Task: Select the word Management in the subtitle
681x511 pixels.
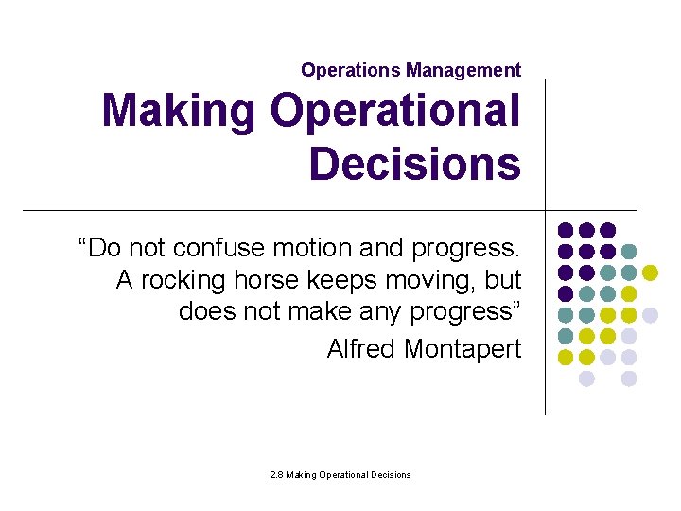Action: point(463,70)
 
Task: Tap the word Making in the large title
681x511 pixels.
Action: point(178,111)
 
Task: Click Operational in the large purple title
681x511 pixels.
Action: point(394,111)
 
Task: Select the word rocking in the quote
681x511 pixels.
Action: point(178,281)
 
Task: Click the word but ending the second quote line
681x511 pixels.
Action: point(501,281)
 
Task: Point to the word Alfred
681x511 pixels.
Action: point(361,349)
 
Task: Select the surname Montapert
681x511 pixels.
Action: point(463,349)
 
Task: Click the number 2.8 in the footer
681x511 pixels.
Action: point(276,474)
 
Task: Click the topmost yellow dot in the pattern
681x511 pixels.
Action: point(650,273)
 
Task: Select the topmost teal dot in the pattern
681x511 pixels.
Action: point(629,252)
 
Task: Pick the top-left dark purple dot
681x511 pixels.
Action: point(566,230)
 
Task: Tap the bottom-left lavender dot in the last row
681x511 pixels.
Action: point(586,379)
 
